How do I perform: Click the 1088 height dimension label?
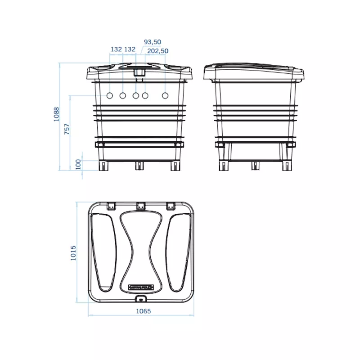coord(57,114)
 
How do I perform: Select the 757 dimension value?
coord(67,129)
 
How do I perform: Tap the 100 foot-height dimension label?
coord(78,164)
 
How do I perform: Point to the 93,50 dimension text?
coord(153,42)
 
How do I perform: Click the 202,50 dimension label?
coord(158,51)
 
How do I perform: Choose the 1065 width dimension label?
coord(144,311)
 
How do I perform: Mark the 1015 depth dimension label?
coord(73,253)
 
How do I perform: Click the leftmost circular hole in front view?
coord(110,95)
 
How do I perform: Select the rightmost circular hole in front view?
coord(165,95)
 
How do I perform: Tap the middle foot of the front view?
coord(139,166)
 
